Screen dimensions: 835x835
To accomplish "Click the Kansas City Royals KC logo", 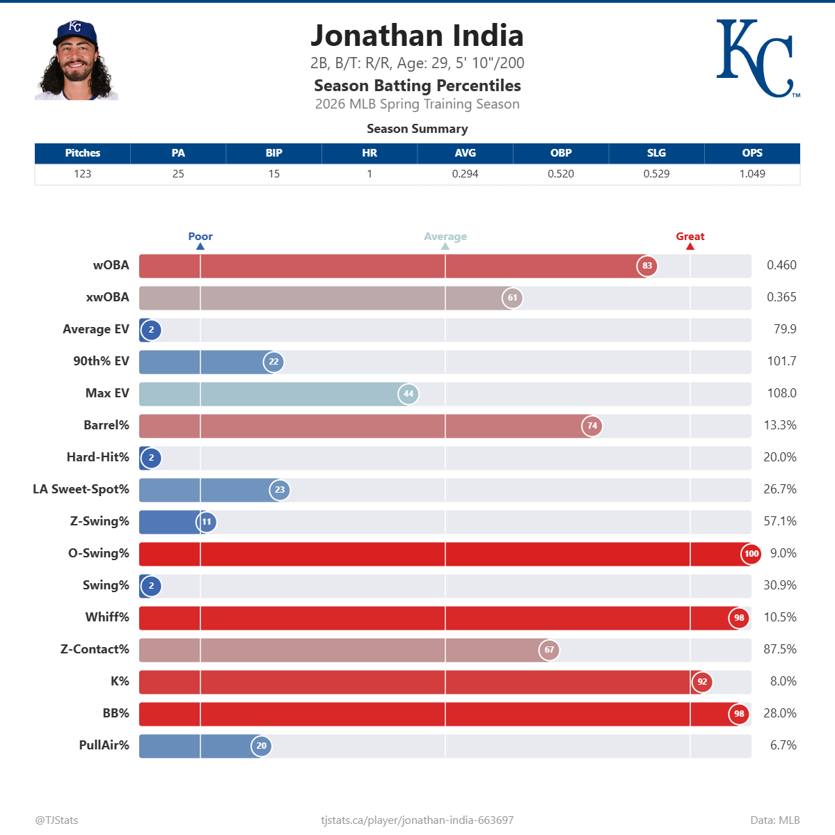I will [x=756, y=58].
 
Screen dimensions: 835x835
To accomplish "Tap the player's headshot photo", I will [x=76, y=61].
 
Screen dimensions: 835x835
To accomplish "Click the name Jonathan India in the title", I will [x=417, y=36].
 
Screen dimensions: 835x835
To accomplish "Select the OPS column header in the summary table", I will [x=752, y=153].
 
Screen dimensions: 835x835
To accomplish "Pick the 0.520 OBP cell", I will [x=561, y=174].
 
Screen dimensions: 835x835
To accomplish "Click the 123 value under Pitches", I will [x=82, y=174].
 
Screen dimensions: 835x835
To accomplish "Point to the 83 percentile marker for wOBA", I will [x=647, y=266].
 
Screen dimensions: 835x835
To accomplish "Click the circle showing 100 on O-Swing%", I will [x=751, y=554].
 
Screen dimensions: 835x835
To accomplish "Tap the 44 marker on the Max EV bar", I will [x=408, y=394].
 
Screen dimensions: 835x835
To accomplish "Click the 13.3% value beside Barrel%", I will [x=780, y=425].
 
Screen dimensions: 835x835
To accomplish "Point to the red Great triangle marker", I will [x=690, y=246].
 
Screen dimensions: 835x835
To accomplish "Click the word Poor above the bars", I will [x=200, y=237].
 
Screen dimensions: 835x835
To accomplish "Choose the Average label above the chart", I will [x=445, y=237].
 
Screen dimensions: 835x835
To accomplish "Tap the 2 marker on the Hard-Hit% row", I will [x=151, y=458].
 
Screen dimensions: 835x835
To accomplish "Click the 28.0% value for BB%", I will [x=780, y=713].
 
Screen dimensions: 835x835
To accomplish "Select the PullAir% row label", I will [x=104, y=745].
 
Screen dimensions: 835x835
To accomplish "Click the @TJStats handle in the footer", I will [x=57, y=820].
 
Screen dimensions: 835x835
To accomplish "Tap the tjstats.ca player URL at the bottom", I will [x=417, y=820].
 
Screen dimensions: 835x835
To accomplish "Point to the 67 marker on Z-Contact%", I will [x=549, y=650].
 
